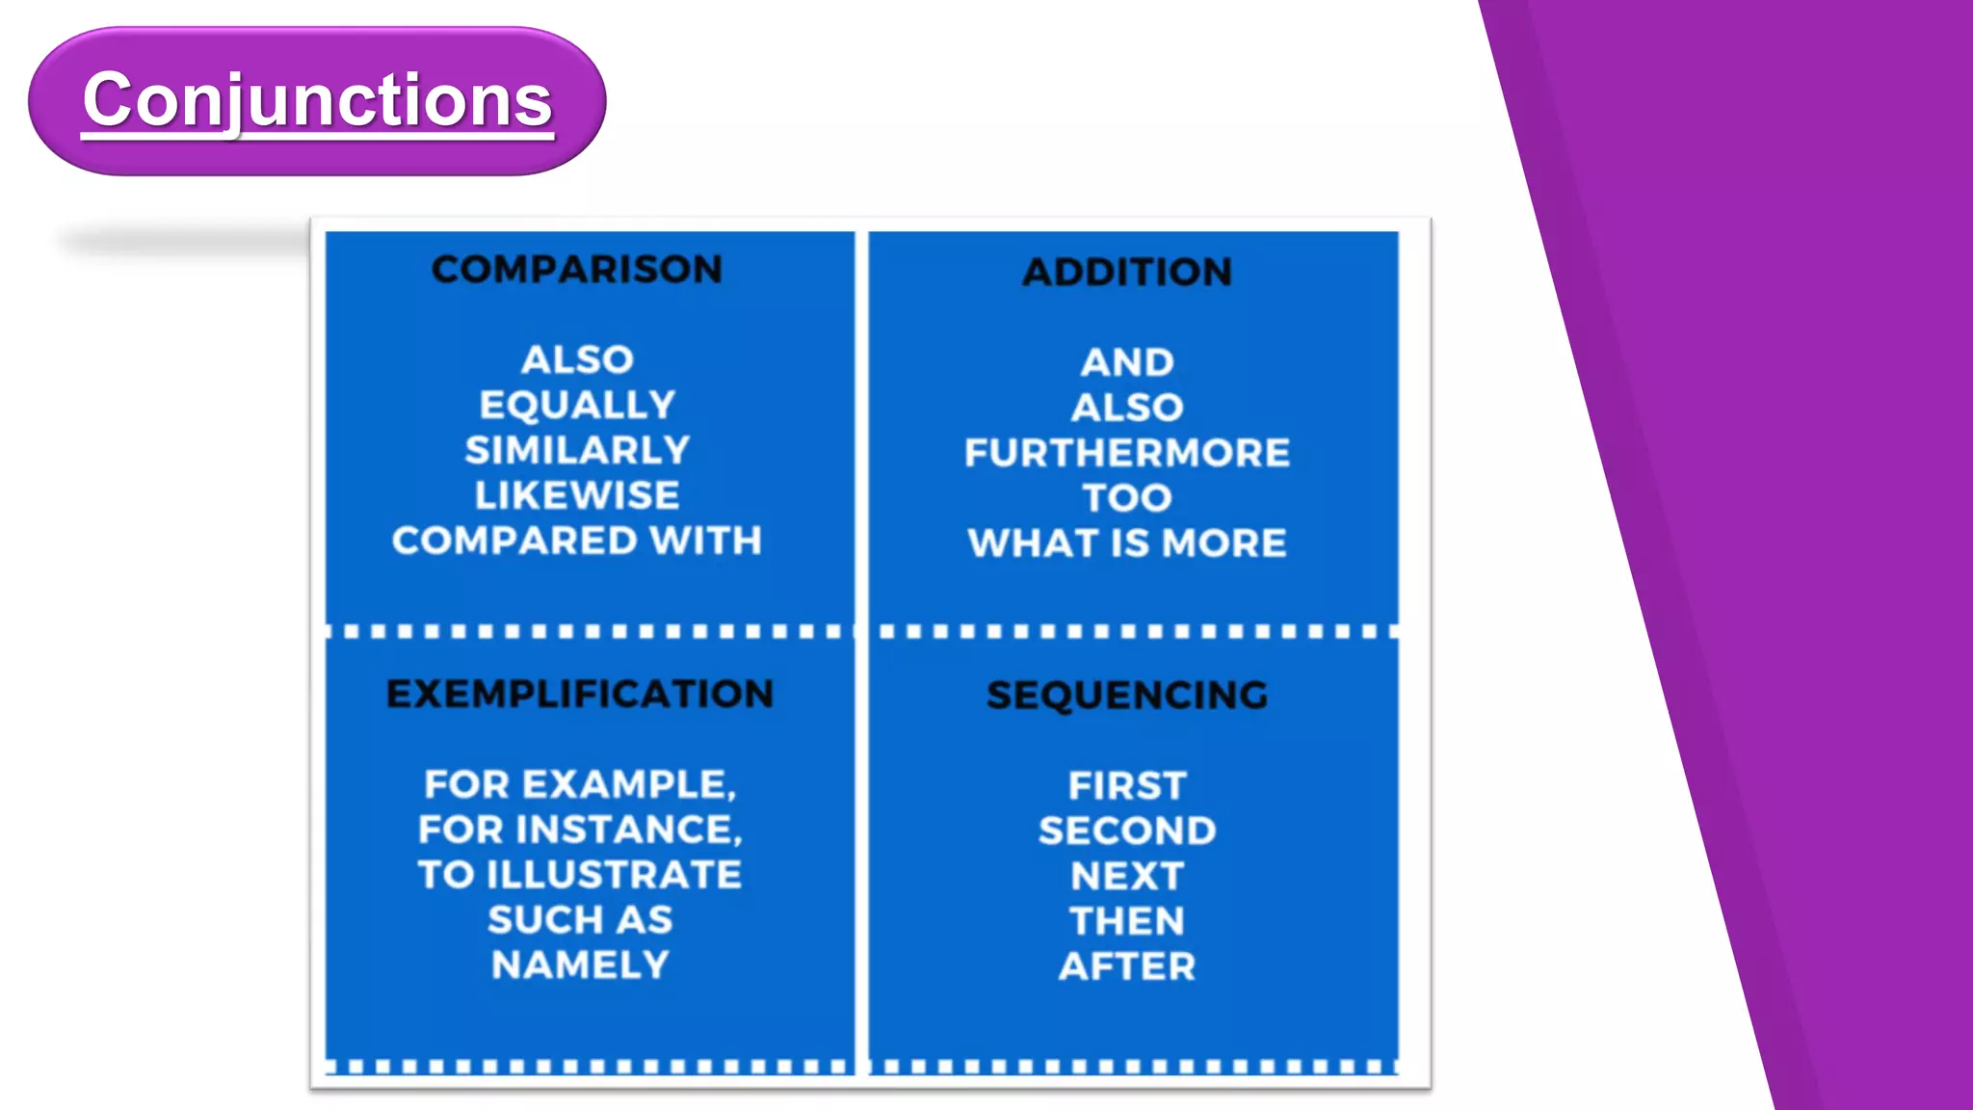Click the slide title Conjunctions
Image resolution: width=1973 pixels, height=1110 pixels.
point(317,100)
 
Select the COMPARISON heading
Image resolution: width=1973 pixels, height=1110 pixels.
point(576,269)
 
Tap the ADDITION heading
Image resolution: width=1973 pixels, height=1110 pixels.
point(1127,272)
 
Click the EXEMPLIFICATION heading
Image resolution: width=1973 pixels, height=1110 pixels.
point(580,694)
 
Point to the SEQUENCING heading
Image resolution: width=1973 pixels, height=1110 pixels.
point(1127,695)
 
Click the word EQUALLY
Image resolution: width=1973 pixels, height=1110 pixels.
point(577,405)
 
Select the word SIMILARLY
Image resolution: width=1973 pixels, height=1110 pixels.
point(577,450)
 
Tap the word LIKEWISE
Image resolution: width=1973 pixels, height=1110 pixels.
point(577,495)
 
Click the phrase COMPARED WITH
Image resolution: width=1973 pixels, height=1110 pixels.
point(577,541)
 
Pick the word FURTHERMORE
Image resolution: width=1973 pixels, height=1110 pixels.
point(1127,453)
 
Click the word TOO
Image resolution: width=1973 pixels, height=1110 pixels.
point(1127,498)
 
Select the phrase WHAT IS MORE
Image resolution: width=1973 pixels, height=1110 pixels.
point(1127,543)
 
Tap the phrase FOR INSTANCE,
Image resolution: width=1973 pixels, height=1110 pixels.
point(580,830)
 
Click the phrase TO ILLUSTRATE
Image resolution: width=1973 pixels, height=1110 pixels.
point(580,875)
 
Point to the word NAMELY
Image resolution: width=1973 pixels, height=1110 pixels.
point(580,965)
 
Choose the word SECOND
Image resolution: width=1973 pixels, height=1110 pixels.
point(1127,831)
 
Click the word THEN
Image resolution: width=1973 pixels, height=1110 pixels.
point(1127,921)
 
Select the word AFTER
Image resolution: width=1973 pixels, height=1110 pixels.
point(1127,966)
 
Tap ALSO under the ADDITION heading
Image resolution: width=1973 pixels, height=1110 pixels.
point(1127,408)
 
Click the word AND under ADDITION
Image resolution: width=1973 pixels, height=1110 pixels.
point(1127,362)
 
